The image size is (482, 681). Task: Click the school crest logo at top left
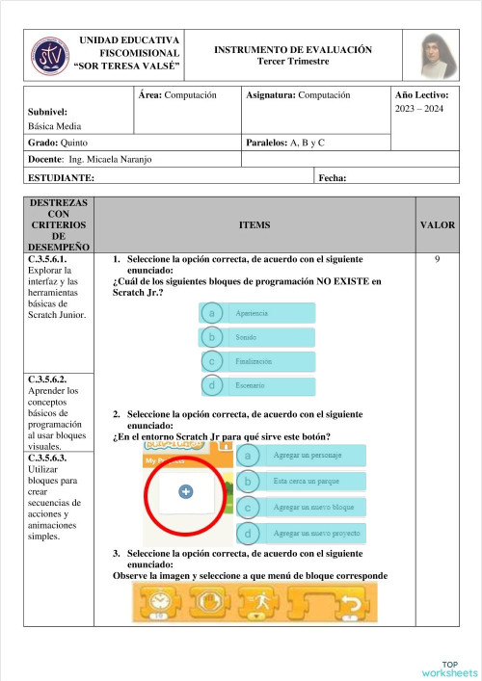point(47,57)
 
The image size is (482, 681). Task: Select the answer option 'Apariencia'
point(257,313)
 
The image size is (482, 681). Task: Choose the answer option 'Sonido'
point(257,337)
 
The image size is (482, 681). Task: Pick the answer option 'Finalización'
point(257,361)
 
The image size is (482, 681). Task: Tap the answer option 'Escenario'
point(257,385)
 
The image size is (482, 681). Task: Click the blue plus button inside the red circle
point(185,491)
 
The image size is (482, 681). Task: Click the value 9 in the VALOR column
point(438,259)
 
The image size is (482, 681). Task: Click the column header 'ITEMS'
point(254,224)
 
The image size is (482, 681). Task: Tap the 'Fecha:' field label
point(332,178)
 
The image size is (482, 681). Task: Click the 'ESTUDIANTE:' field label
point(62,178)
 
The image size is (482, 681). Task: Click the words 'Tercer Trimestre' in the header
point(293,61)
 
